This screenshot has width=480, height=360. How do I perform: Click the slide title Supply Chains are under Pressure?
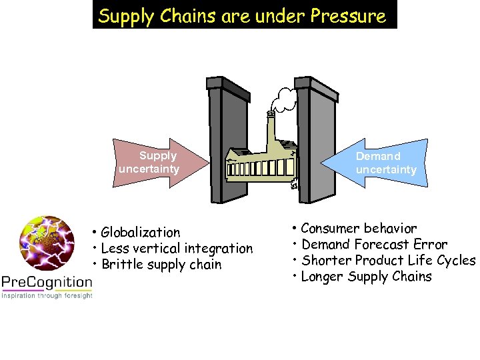click(x=244, y=15)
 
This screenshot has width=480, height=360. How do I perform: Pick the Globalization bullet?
click(x=137, y=233)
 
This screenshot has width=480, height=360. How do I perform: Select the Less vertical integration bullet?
click(x=173, y=249)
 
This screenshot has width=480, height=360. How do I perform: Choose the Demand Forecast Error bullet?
click(x=370, y=245)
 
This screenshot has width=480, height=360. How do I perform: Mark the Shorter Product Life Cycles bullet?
click(x=385, y=261)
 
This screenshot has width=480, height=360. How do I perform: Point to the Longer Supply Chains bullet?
click(x=363, y=277)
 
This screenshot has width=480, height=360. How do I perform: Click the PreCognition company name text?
click(x=47, y=282)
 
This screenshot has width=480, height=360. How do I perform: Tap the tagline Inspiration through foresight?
click(x=47, y=295)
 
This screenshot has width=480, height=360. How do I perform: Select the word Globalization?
click(x=141, y=233)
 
